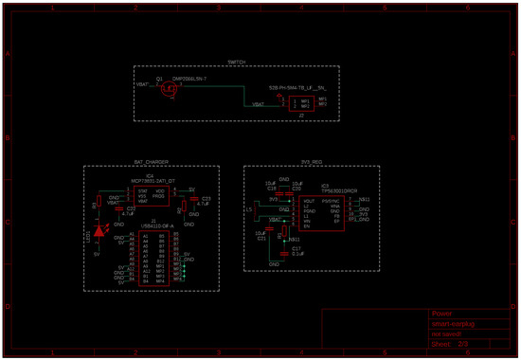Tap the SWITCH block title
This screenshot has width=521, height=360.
pos(237,62)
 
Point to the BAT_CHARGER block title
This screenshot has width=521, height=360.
pos(151,163)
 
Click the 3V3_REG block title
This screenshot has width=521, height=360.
pos(313,163)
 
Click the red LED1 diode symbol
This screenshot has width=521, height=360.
pos(99,232)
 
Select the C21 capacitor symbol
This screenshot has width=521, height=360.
pos(266,236)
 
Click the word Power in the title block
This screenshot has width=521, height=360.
pos(441,313)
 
